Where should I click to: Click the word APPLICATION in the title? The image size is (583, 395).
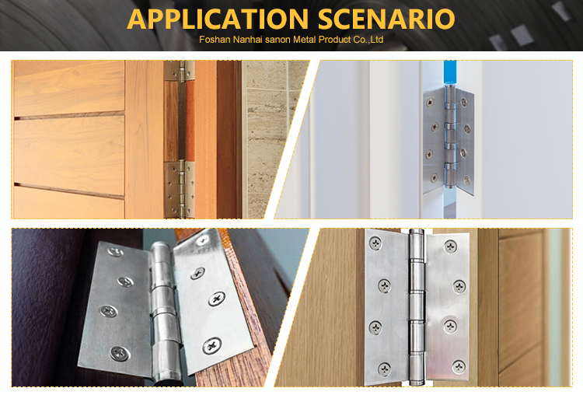click(x=218, y=19)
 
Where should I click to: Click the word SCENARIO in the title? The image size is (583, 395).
click(x=386, y=19)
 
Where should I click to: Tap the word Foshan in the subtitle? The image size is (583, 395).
click(x=215, y=40)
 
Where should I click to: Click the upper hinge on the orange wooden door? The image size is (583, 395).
click(x=180, y=71)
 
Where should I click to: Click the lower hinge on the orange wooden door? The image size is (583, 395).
click(x=180, y=190)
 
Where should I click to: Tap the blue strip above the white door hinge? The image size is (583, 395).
click(x=450, y=73)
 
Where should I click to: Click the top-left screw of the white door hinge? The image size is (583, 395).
click(x=430, y=101)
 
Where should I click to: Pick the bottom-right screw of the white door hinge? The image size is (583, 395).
click(x=467, y=180)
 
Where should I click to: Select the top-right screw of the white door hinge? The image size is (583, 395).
click(x=464, y=102)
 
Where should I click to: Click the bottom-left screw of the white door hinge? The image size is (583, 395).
click(x=434, y=178)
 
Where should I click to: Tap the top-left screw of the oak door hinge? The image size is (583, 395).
click(x=375, y=243)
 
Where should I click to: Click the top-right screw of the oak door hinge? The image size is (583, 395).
click(x=451, y=246)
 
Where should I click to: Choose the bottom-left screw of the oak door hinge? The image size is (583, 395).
click(x=384, y=369)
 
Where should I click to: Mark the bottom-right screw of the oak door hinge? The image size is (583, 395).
click(x=459, y=367)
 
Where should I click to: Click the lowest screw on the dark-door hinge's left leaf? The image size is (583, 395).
click(x=120, y=352)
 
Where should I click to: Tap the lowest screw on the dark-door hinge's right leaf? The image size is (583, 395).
click(x=212, y=346)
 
